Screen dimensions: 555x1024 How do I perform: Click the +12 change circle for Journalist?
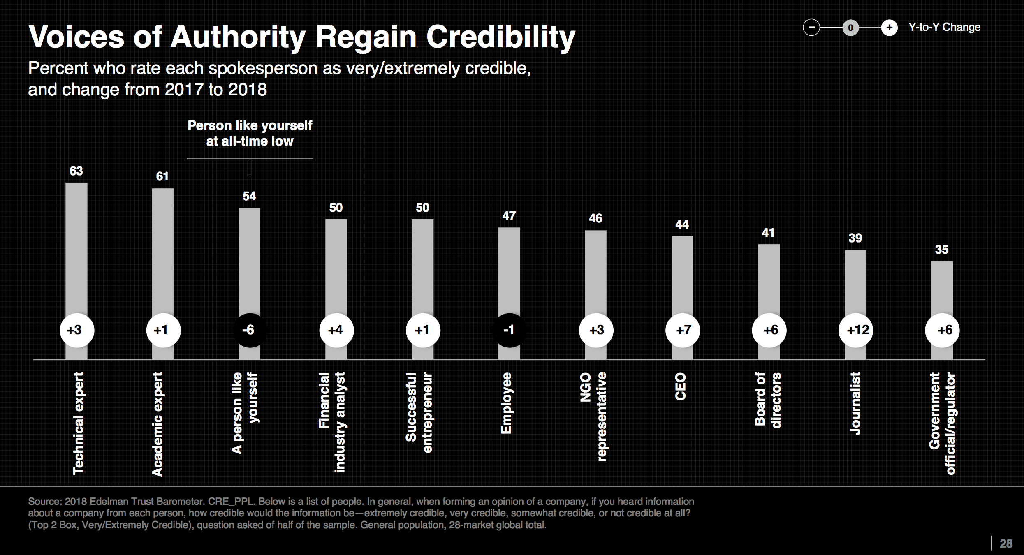tap(856, 330)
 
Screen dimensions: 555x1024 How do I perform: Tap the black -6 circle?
tap(250, 330)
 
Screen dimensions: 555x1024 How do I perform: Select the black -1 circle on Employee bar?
tap(509, 330)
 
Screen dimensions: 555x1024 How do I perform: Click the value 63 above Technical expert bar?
tap(76, 171)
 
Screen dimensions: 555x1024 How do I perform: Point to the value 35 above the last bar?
tap(942, 250)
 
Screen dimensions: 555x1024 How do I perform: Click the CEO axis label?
tap(681, 386)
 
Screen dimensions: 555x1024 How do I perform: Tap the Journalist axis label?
tap(855, 403)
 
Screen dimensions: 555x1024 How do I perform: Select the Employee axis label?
tap(507, 403)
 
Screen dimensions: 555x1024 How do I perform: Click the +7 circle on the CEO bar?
tap(683, 330)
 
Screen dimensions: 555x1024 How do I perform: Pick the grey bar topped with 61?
tap(163, 251)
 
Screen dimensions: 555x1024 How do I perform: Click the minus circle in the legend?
tap(811, 28)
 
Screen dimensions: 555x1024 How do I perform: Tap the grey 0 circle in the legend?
tap(850, 28)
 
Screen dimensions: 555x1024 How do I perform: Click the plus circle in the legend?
tap(889, 28)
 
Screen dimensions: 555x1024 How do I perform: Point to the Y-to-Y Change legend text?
tap(944, 27)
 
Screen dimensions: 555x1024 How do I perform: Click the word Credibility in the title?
tap(500, 37)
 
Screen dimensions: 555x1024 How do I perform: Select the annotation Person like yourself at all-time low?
tap(250, 133)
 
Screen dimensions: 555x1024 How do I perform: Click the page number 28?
tap(1006, 543)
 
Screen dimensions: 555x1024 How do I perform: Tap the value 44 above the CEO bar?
tap(682, 224)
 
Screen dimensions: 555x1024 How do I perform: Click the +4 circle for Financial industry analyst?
tap(336, 330)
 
